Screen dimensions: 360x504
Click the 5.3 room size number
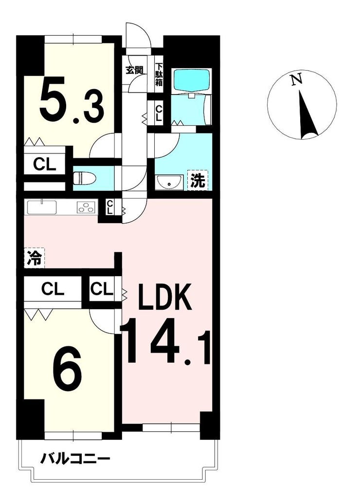[72, 100]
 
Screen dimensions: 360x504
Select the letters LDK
[165, 297]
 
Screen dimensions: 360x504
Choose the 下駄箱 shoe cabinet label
[159, 74]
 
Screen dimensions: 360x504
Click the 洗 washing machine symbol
[198, 180]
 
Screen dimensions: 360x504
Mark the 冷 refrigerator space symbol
[35, 258]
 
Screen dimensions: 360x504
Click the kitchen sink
[42, 207]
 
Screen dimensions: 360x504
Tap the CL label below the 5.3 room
[45, 165]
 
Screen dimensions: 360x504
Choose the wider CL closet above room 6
[53, 289]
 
